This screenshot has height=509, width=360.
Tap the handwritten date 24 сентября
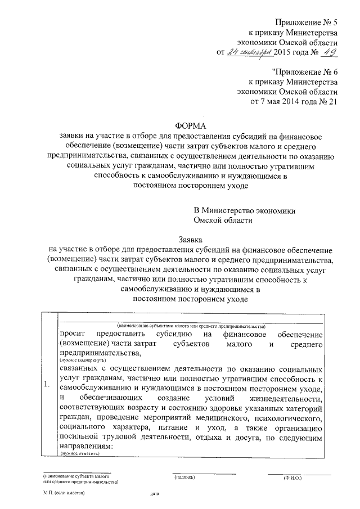pyautogui.click(x=249, y=52)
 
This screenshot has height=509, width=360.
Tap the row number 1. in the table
pyautogui.click(x=47, y=385)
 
